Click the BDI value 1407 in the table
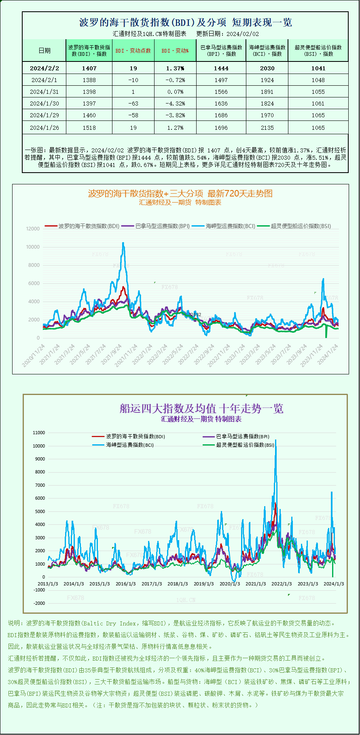tap(89, 68)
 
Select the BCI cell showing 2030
tap(267, 68)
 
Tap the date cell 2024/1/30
tap(44, 103)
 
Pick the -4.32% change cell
tap(175, 103)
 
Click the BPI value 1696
tap(221, 128)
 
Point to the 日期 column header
tap(44, 51)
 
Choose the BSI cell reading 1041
tap(318, 68)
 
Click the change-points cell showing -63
tap(133, 103)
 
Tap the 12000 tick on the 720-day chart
tap(33, 229)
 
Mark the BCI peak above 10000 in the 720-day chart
tap(123, 243)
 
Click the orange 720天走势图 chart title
tap(180, 194)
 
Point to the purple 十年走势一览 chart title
tap(201, 408)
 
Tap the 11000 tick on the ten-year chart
tap(39, 433)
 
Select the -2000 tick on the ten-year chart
tap(39, 603)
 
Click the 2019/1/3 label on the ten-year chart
tap(203, 584)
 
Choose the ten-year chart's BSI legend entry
tap(245, 445)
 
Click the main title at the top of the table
tap(185, 22)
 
